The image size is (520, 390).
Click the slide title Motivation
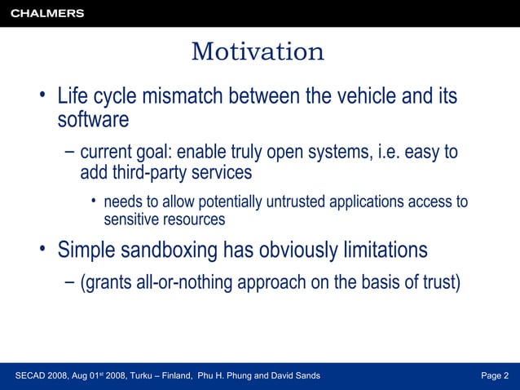pos(258,52)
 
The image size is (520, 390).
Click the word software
pos(93,120)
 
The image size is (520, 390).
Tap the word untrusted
pos(275,202)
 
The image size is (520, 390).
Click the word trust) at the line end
pos(440,283)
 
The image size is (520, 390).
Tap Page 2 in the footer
pos(494,375)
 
